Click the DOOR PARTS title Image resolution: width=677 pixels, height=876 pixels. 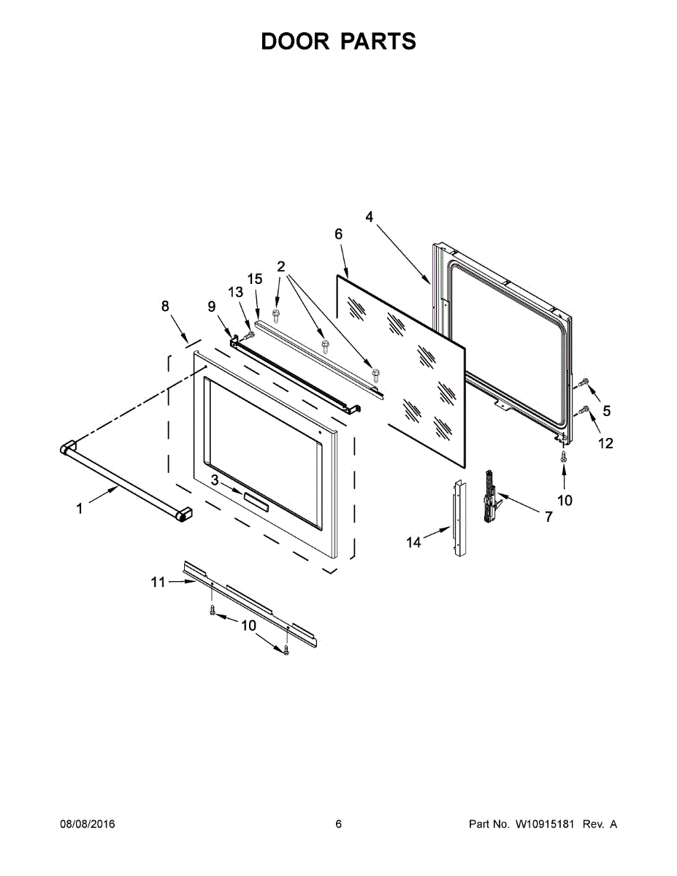[x=338, y=42]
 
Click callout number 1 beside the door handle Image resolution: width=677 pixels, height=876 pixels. [x=80, y=509]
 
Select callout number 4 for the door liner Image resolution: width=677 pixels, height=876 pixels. [x=369, y=216]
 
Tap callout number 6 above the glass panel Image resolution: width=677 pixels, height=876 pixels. [x=338, y=234]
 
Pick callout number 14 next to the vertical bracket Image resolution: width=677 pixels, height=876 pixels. [x=414, y=542]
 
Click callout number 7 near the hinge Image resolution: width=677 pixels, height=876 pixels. [x=548, y=516]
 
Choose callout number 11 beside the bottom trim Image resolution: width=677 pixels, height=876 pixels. [x=158, y=582]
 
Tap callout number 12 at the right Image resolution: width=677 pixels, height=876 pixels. [x=606, y=442]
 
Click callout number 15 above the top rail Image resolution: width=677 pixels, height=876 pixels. [x=254, y=279]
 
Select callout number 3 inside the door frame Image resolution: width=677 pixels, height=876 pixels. [x=215, y=480]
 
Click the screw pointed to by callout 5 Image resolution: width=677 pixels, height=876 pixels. [x=584, y=382]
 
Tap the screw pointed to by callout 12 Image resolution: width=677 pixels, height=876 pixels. [x=584, y=411]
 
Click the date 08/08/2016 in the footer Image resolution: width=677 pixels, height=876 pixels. [x=87, y=824]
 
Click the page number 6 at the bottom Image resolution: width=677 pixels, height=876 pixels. [x=338, y=824]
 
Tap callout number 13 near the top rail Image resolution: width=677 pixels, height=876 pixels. [x=235, y=292]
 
